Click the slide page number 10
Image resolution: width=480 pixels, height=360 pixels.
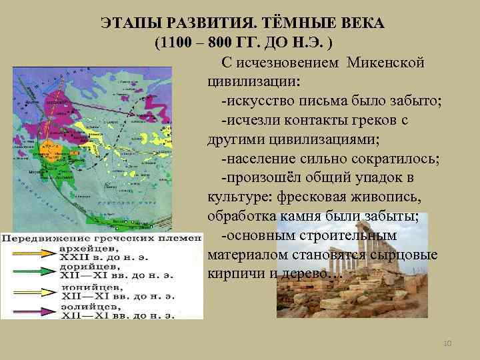448,343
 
